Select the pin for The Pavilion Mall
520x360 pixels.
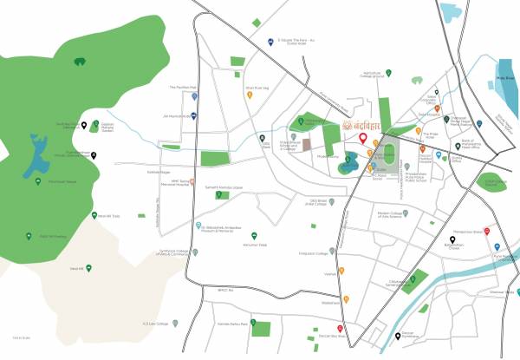coord(192,95)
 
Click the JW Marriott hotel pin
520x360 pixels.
coord(193,115)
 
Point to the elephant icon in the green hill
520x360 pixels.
coord(80,62)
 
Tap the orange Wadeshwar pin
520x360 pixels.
coord(347,299)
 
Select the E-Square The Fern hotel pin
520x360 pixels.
coord(271,42)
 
